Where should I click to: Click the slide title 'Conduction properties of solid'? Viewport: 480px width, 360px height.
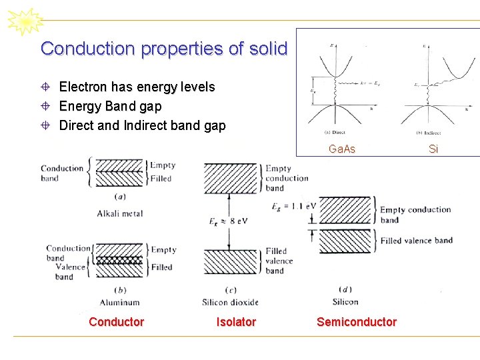(163, 49)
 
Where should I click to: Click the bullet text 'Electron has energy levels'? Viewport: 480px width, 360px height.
(137, 87)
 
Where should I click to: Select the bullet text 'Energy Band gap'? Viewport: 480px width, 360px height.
(110, 106)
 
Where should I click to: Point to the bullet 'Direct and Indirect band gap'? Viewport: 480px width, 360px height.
(142, 125)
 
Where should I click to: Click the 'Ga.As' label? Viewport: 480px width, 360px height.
(342, 149)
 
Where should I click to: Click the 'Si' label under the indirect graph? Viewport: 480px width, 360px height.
(433, 149)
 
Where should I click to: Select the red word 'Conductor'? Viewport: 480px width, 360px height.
(116, 322)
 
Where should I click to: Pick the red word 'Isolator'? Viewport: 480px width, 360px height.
(236, 322)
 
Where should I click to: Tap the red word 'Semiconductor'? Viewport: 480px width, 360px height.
(356, 322)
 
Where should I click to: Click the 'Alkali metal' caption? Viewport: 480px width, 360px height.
(120, 213)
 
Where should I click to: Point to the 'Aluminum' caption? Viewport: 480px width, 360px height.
(120, 302)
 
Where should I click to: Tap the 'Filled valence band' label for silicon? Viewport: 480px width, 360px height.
(416, 241)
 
